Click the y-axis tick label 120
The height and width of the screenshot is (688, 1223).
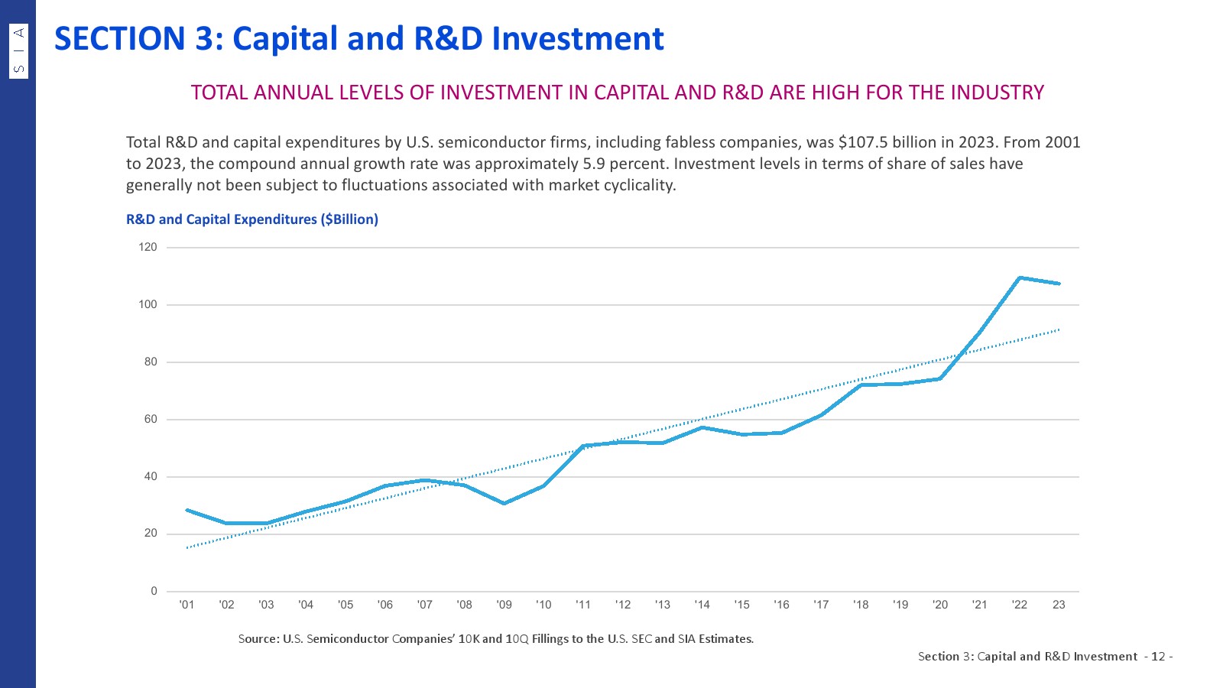click(148, 247)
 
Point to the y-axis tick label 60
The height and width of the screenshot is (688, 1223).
click(151, 419)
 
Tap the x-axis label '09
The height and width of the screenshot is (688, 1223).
click(504, 605)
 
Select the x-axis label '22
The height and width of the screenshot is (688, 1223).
click(1019, 605)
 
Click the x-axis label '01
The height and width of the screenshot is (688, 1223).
click(187, 605)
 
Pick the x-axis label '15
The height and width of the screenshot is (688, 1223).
click(741, 605)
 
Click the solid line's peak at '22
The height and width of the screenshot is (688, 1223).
click(1020, 277)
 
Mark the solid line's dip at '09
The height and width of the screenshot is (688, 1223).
click(504, 503)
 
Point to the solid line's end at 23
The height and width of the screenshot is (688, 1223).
click(1059, 284)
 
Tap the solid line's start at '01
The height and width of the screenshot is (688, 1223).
click(187, 510)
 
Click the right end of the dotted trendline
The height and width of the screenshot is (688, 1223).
click(1059, 329)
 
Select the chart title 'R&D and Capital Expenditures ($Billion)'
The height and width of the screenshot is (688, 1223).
click(252, 219)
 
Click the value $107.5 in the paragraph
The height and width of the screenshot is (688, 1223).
click(867, 142)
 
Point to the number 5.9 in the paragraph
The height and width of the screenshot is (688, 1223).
click(594, 164)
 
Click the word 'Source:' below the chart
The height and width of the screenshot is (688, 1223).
click(258, 639)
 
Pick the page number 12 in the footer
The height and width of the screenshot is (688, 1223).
click(1158, 657)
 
